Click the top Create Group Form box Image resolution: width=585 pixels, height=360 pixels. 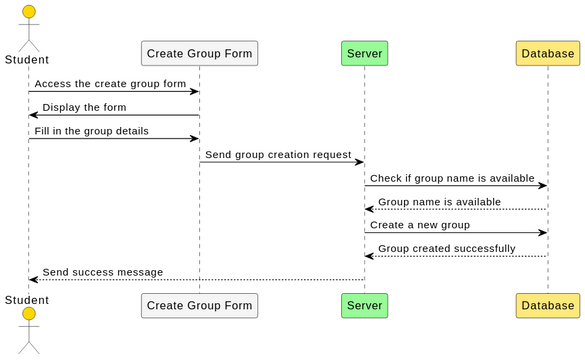coord(199,53)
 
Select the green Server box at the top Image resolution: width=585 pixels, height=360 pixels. coord(364,53)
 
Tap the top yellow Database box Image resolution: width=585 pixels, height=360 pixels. coord(547,53)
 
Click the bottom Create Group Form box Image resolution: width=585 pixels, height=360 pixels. coord(199,305)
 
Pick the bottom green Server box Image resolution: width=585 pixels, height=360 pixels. coord(364,305)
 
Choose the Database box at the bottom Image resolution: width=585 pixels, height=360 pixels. coord(547,305)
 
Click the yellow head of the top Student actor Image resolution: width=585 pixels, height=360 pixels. coord(28,12)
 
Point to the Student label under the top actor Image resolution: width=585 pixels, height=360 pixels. coord(27,59)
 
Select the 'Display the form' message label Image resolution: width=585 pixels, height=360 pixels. coord(84,107)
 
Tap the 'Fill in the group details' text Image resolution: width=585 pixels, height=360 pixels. coord(91,131)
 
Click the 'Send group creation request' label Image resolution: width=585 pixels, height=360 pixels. coord(278,155)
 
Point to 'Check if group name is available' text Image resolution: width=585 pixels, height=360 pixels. coord(452,178)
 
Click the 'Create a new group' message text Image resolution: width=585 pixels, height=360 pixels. coord(420,225)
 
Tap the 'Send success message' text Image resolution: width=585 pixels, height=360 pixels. coord(102,272)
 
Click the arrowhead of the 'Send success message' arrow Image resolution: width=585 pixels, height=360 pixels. coord(33,280)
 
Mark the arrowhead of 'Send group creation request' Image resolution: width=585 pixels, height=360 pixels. coord(359,162)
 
